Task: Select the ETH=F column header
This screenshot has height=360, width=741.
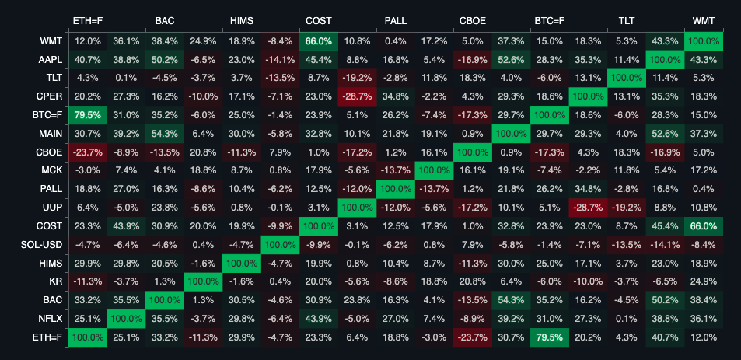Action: [x=87, y=20]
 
